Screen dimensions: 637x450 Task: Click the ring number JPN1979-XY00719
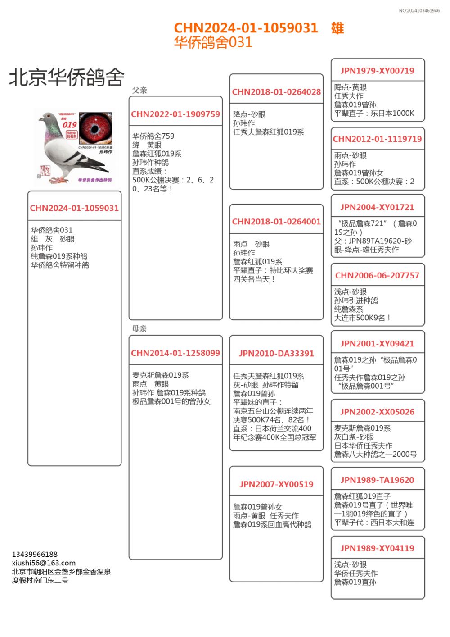[x=377, y=71]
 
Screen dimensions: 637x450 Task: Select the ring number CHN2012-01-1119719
[x=377, y=139]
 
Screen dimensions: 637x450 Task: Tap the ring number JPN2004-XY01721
[x=377, y=207]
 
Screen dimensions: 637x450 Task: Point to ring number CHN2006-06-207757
[x=377, y=275]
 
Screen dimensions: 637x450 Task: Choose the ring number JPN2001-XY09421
[x=377, y=344]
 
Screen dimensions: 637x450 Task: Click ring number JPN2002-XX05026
[x=377, y=412]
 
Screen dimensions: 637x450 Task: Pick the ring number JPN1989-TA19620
[x=377, y=480]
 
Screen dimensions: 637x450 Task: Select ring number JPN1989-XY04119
[x=377, y=548]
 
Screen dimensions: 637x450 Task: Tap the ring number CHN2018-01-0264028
[x=276, y=92]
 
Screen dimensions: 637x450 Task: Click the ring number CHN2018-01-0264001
[x=276, y=222]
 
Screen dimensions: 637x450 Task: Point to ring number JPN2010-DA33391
[x=276, y=354]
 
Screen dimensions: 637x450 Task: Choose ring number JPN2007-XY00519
[x=276, y=484]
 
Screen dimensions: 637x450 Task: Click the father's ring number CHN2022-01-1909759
[x=175, y=114]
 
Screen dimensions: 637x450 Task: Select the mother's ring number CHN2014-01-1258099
[x=175, y=353]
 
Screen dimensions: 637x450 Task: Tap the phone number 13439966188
[x=35, y=554]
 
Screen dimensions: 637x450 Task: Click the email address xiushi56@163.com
[x=44, y=563]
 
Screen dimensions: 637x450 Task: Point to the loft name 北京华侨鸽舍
[x=67, y=77]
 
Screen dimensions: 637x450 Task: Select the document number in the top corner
[x=419, y=11]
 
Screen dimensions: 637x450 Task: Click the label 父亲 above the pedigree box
[x=139, y=90]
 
